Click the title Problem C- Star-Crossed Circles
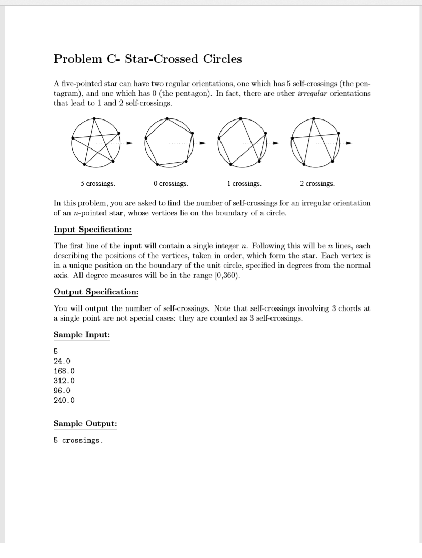coord(148,59)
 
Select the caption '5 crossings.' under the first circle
coord(98,184)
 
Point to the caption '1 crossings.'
coord(244,184)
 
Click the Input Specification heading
coord(93,230)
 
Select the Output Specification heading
coord(96,292)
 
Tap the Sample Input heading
coord(82,335)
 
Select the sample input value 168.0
coord(64,371)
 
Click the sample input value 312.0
coord(64,381)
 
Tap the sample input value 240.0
coord(64,400)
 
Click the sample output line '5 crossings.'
coord(78,440)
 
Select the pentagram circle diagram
coord(95,142)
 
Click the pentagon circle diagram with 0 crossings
coord(168,142)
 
